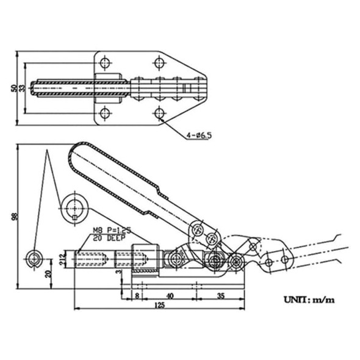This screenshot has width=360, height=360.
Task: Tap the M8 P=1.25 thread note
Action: (x=113, y=231)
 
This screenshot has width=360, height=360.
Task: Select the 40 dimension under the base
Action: (x=169, y=295)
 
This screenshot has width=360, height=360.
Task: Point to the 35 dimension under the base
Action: (x=220, y=295)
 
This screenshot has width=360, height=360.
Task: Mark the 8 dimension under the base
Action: (x=138, y=295)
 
